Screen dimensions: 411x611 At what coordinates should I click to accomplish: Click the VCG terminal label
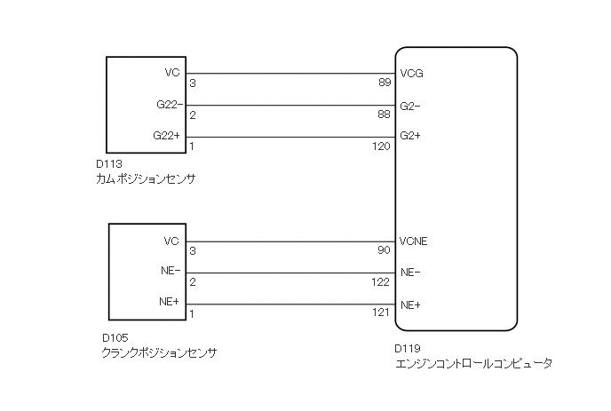pos(411,74)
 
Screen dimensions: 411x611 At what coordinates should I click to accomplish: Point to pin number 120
pos(381,146)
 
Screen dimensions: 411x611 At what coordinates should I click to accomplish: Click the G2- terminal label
pos(409,106)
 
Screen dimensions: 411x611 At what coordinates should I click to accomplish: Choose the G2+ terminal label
pos(410,137)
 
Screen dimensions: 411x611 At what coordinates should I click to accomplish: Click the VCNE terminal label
pos(415,241)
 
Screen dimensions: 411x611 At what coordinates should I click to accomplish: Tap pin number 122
pos(381,282)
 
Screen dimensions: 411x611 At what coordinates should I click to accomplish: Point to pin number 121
pos(381,314)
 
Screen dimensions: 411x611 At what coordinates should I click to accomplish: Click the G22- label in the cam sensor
pos(167,105)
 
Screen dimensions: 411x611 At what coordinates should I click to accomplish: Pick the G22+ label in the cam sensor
pos(167,136)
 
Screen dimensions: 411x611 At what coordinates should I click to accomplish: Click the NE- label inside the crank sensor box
pos(171,272)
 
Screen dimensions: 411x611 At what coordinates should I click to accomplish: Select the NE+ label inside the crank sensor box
pos(171,303)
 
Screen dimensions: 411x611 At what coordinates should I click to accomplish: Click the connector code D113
pos(107,165)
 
